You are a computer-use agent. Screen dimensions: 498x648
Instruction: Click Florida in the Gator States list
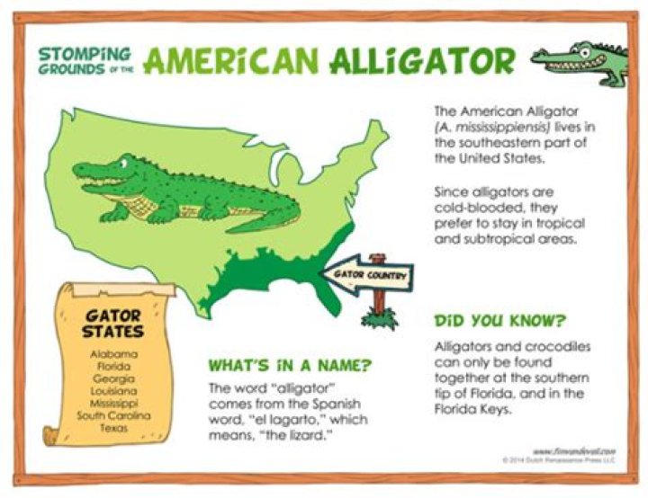(114, 367)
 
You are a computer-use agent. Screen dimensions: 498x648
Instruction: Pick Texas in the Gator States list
(114, 428)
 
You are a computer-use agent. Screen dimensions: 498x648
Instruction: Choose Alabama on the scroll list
(114, 354)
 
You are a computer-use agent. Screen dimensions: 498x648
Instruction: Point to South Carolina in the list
(114, 415)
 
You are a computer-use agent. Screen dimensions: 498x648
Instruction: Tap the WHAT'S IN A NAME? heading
(290, 366)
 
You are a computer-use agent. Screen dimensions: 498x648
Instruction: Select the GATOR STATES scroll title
(114, 324)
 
